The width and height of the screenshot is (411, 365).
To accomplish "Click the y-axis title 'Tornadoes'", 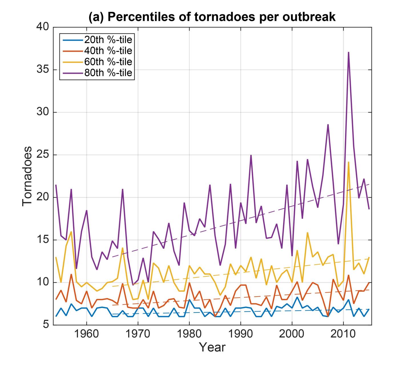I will pos(27,176).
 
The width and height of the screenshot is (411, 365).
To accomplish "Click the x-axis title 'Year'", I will pos(212,347).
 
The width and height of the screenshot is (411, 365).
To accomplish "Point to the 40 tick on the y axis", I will pos(43,27).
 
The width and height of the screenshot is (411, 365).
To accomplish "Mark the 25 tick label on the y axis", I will pos(43,155).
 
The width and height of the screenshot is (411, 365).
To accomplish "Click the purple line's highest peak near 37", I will pos(348,52).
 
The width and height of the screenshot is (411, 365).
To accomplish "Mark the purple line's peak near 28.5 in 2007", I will pos(328,125).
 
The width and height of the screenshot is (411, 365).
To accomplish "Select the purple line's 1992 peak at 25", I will pos(251,155).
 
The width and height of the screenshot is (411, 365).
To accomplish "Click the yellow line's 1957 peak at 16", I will pos(71,232).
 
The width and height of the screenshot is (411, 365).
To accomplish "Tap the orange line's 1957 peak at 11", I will pos(71,274).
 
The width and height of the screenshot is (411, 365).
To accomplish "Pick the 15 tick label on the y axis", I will pos(43,240).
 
